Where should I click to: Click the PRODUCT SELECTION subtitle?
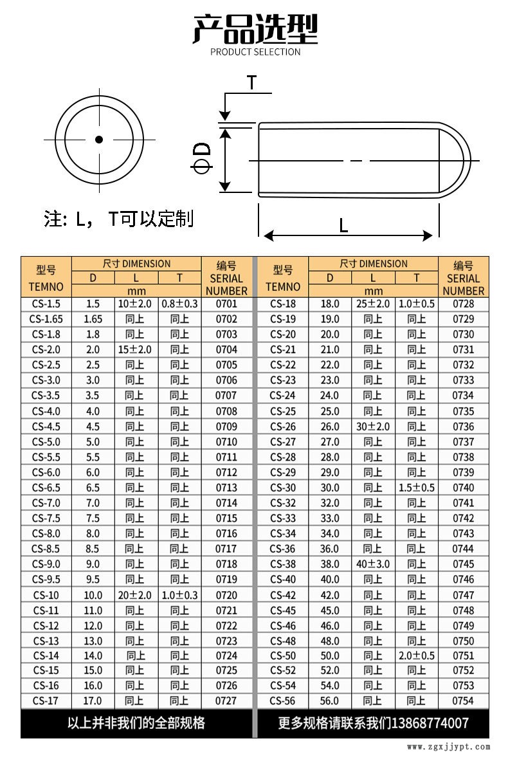[255, 52]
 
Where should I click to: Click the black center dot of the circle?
[99, 140]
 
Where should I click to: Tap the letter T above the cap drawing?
[252, 82]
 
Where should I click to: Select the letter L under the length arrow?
[343, 225]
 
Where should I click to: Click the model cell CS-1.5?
[46, 304]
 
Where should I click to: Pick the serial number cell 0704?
[226, 349]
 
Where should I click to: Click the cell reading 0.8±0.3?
[179, 304]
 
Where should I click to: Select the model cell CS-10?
[46, 595]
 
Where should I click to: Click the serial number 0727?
[226, 701]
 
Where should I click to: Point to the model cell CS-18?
[283, 304]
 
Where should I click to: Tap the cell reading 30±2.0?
[373, 426]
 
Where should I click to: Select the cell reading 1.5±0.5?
[417, 488]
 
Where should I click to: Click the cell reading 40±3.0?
[373, 564]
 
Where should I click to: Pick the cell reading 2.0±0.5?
[417, 656]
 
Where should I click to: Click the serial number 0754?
[463, 701]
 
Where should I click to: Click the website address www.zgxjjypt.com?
[449, 747]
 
